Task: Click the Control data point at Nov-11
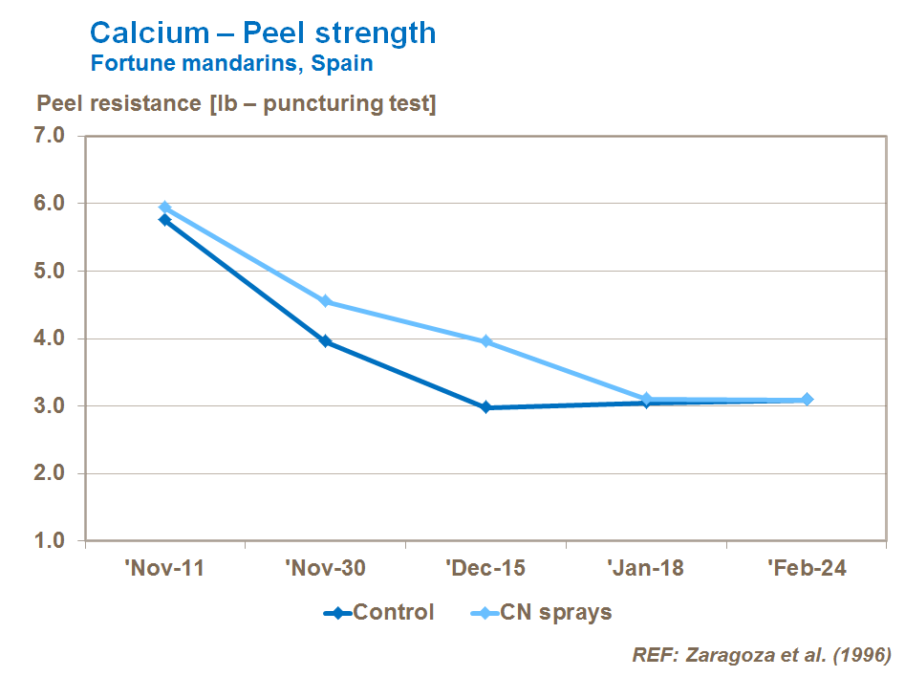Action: coord(164,220)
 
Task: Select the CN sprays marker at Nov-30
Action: coord(325,301)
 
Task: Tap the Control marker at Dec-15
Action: coord(485,407)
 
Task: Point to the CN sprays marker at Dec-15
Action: coord(485,341)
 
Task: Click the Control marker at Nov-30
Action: coord(325,341)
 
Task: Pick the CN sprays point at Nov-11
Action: coord(164,207)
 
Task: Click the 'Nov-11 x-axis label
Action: coord(164,568)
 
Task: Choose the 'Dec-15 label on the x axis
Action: coord(485,568)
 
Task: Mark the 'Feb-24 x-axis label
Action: coord(808,568)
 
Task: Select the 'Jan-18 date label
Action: coord(646,568)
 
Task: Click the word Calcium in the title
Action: coord(148,33)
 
